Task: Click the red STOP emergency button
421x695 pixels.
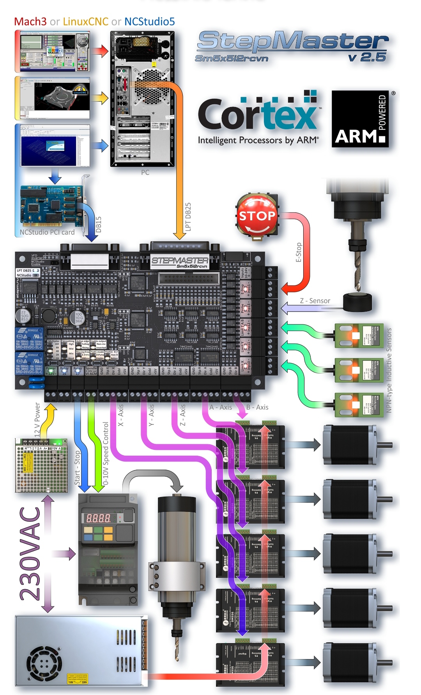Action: point(257,216)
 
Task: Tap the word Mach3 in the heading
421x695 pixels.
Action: point(30,21)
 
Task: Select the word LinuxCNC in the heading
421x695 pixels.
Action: point(85,21)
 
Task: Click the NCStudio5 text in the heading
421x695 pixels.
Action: point(150,21)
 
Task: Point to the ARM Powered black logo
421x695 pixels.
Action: point(360,119)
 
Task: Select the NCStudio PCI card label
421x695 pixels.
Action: point(47,232)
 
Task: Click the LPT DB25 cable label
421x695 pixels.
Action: point(188,217)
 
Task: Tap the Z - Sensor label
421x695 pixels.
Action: point(315,301)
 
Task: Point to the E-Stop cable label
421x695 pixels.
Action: point(299,252)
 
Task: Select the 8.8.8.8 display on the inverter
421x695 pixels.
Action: point(98,518)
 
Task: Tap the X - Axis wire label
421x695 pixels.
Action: point(121,415)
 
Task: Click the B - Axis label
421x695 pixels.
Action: point(258,407)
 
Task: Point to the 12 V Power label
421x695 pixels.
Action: point(37,420)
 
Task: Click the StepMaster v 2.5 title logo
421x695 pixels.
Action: point(292,46)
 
